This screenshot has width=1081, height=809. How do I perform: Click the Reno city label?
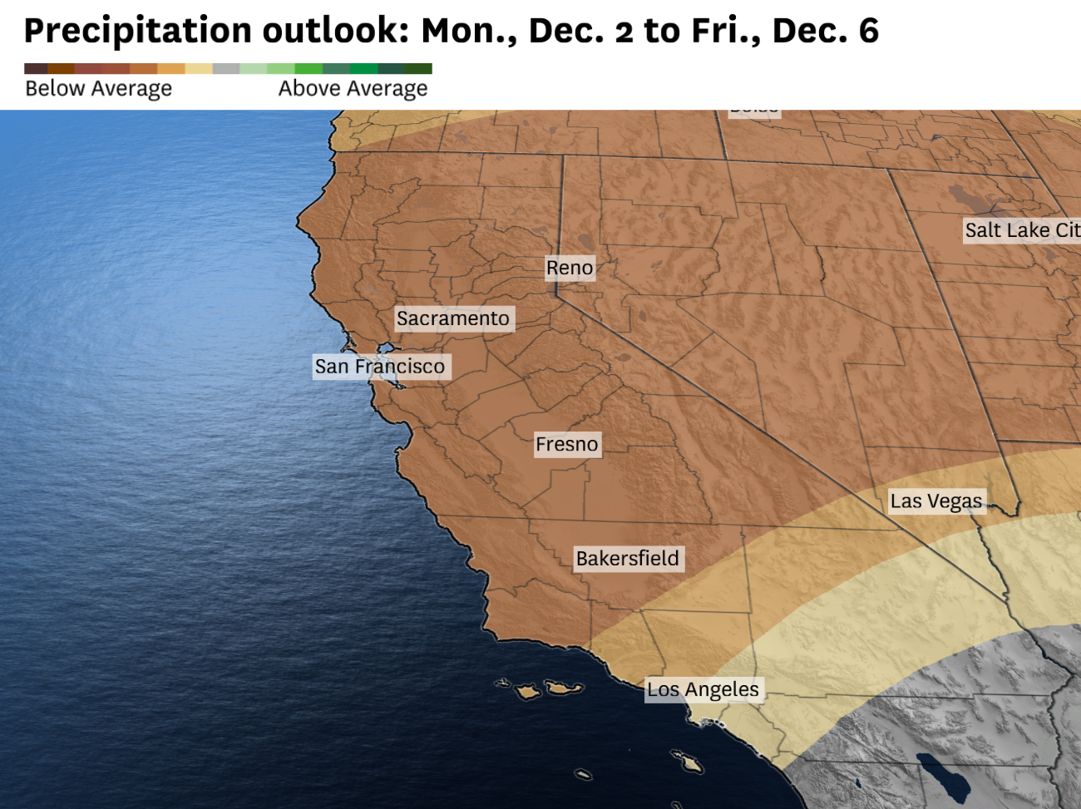(x=570, y=268)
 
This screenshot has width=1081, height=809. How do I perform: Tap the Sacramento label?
(x=453, y=318)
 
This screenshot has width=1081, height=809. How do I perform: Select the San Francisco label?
(x=380, y=366)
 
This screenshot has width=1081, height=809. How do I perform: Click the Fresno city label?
(x=567, y=444)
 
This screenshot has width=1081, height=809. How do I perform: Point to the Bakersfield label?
(x=628, y=558)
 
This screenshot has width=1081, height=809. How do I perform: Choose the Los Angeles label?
(x=703, y=689)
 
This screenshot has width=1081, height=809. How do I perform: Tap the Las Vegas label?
(x=936, y=501)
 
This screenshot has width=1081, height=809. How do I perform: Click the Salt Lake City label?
(x=1022, y=230)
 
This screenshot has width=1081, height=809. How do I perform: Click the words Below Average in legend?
(x=99, y=88)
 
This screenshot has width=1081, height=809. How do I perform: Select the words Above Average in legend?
(x=353, y=88)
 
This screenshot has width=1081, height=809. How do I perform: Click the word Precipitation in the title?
(x=138, y=31)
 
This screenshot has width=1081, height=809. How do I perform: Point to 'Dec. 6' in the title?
(x=825, y=31)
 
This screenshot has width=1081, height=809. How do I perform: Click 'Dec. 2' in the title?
(x=580, y=31)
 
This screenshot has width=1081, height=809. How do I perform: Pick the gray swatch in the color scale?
(x=226, y=69)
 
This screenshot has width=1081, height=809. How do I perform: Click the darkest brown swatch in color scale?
(x=36, y=69)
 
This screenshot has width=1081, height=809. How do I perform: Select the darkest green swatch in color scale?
(x=419, y=69)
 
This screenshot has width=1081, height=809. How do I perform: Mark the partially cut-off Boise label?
(x=754, y=111)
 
